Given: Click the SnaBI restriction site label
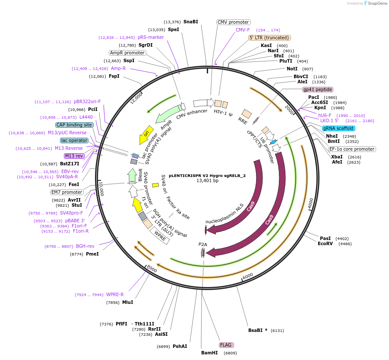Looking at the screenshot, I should point(190,22).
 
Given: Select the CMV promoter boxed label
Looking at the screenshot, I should point(233,22).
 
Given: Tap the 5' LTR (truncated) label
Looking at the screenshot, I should point(270,38).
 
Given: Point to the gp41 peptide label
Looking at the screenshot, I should point(318,89).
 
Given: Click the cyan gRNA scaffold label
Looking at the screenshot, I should point(338,128).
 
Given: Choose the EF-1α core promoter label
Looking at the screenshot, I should point(352,149).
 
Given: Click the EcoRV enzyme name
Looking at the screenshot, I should point(325,244).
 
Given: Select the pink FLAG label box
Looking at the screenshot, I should point(226,345).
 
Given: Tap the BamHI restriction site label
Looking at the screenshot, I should point(209,353).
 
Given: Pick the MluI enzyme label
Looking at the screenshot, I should point(127,303).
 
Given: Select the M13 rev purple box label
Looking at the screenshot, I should point(74,156).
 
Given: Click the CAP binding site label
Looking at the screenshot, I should point(74,125).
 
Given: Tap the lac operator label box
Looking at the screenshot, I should point(74,140).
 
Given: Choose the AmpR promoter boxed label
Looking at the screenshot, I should point(127,53).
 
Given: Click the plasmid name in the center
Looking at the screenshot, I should point(207,176).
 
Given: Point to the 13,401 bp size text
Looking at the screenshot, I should point(207,181).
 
